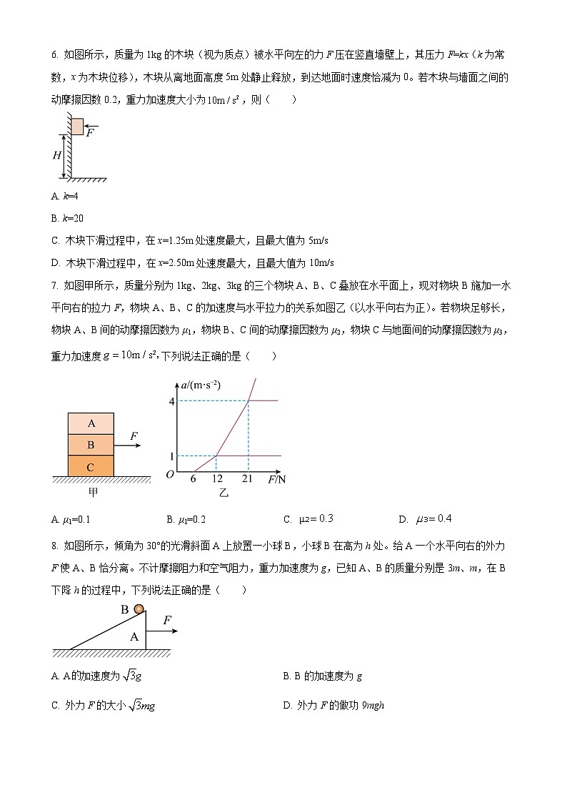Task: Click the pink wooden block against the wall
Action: click(77, 127)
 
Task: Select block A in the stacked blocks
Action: click(91, 423)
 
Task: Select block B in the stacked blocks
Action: click(91, 445)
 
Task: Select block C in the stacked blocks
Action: click(91, 466)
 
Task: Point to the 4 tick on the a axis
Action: click(171, 401)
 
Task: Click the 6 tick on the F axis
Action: click(193, 479)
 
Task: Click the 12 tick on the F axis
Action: click(216, 479)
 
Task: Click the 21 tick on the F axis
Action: click(248, 479)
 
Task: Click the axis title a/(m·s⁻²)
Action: click(201, 385)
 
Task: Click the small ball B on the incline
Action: click(139, 609)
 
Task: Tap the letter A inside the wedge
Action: click(134, 636)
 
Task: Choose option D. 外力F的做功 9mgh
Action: click(333, 705)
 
